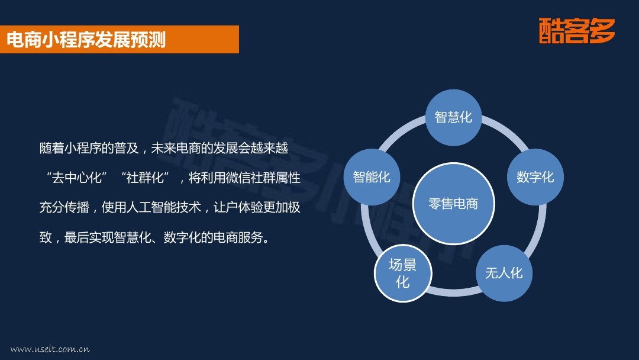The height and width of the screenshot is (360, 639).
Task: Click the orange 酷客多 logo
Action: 577,31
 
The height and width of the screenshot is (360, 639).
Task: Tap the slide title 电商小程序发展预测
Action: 86,40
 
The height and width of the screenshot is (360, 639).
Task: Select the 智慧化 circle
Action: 454,117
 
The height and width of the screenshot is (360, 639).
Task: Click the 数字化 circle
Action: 535,177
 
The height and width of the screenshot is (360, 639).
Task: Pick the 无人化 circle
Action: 504,273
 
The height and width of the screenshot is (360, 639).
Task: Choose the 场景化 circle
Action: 403,273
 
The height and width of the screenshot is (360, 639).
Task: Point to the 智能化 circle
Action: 372,177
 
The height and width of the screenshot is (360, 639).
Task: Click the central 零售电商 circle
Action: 454,204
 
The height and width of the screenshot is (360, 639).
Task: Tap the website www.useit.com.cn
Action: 50,349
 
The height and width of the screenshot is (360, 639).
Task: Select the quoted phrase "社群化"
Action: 145,178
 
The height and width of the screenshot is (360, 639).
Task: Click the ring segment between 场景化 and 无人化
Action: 454,291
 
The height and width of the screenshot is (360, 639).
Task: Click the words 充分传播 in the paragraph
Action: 64,207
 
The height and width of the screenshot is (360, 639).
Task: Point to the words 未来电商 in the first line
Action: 176,148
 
